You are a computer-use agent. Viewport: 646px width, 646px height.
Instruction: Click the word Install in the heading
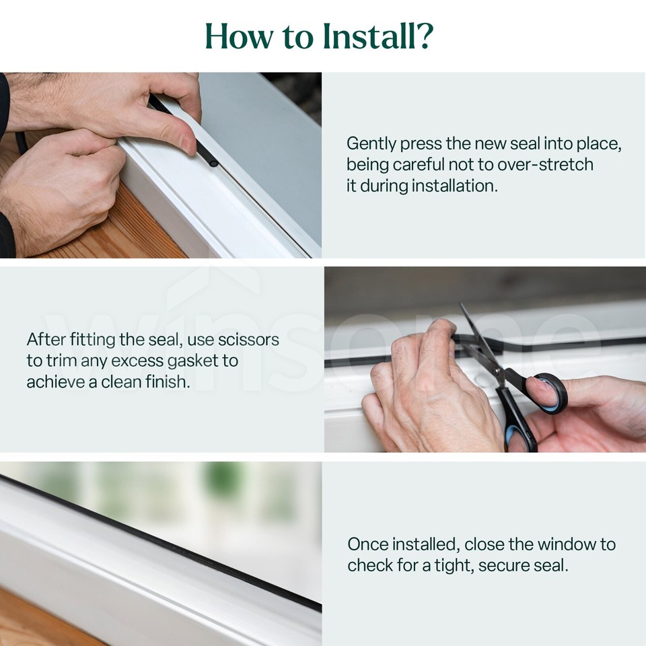pos(349,36)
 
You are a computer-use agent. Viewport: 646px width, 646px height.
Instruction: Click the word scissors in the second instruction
pos(248,340)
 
